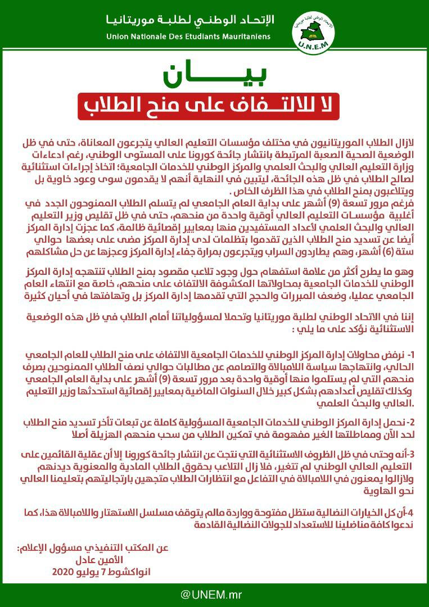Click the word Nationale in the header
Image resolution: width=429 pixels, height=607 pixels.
pos(148,37)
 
